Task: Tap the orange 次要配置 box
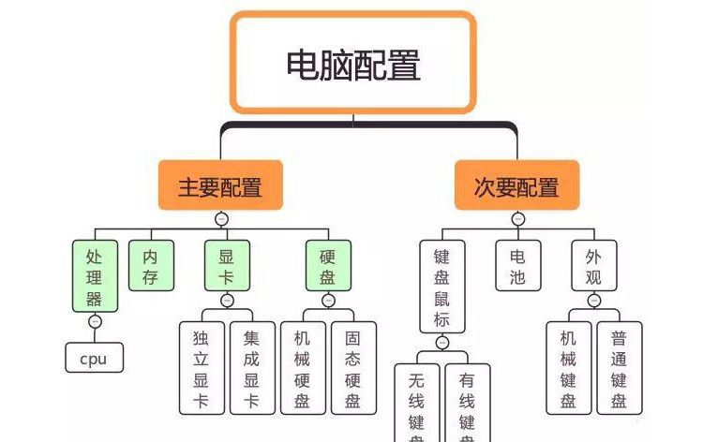pos(516,185)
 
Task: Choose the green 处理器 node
pos(95,276)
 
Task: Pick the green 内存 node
pos(150,265)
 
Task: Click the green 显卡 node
pos(227,265)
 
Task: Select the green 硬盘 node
pos(327,265)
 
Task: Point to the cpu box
pos(94,357)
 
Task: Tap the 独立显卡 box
pos(202,368)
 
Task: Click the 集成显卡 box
pos(251,368)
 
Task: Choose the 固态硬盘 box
pos(352,368)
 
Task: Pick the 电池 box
pos(517,265)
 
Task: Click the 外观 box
pos(593,265)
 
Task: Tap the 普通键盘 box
pos(620,368)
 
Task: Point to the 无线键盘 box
pos(416,403)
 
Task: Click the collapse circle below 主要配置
pos(221,219)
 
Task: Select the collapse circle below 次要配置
pos(517,219)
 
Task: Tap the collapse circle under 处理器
pos(95,321)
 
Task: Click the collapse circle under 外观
pos(593,301)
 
